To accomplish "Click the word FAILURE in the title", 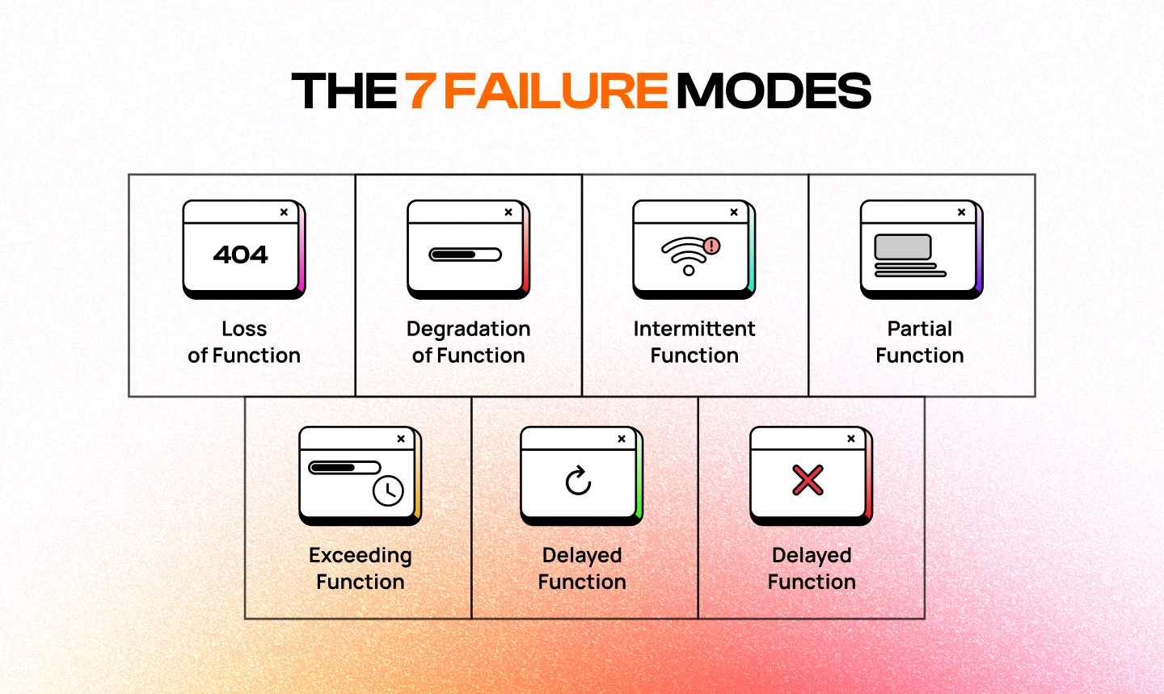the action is pos(555,91).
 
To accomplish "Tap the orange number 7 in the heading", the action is pos(420,91).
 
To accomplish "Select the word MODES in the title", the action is pos(774,91).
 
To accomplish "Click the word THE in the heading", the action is pos(344,91).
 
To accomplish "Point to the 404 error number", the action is pos(241,254).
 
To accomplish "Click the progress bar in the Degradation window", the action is pos(465,254).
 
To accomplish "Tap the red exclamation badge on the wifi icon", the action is pos(711,245).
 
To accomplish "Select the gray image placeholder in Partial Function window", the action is pos(903,246).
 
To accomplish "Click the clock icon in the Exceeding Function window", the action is pos(388,490).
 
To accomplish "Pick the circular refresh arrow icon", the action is pos(578,481).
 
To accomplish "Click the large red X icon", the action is pos(808,480).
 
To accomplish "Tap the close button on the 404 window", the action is pos(284,212).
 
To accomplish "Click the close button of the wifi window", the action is pos(734,212).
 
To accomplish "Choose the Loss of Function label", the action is pos(244,342).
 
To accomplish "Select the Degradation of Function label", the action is pos(468,342).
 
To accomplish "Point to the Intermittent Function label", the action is pos(694,342).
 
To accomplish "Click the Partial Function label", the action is pos(920,342).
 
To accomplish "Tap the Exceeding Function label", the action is pos(361,568).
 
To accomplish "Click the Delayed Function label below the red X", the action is pos(812,568).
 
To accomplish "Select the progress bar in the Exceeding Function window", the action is pos(344,468).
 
